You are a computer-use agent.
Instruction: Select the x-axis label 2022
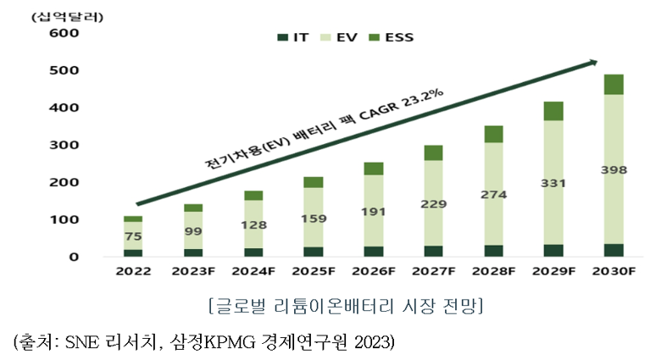(133, 272)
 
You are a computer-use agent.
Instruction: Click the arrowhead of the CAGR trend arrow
(592, 61)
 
